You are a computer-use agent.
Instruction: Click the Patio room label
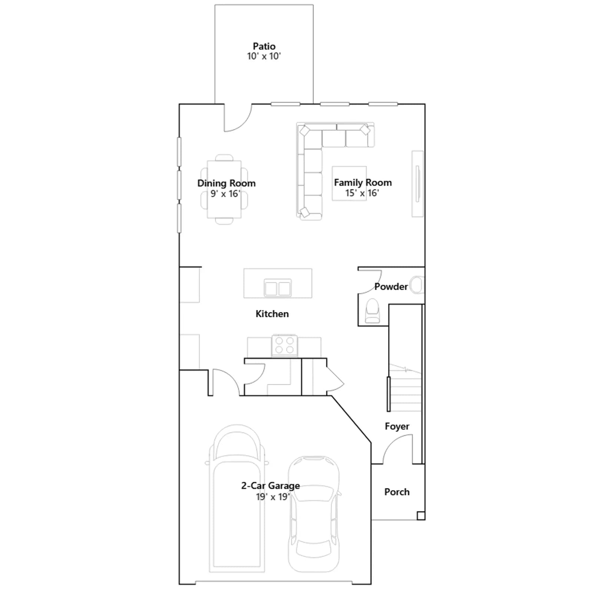point(264,46)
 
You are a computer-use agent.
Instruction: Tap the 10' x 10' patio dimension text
point(264,56)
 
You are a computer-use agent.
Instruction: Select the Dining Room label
point(226,183)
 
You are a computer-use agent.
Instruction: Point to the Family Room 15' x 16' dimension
point(362,193)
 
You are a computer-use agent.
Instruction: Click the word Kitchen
point(272,314)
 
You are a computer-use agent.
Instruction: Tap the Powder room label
point(391,286)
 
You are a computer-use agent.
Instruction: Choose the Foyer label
point(397,426)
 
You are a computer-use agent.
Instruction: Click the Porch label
point(397,492)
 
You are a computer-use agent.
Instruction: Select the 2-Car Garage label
point(271,486)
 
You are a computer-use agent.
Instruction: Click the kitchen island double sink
point(278,288)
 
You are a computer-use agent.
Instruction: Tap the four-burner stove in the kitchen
point(285,345)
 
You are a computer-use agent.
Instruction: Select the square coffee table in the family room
point(349,183)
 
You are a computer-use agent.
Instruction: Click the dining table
point(224,189)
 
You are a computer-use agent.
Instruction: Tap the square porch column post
point(421,516)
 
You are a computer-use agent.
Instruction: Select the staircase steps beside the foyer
point(405,388)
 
